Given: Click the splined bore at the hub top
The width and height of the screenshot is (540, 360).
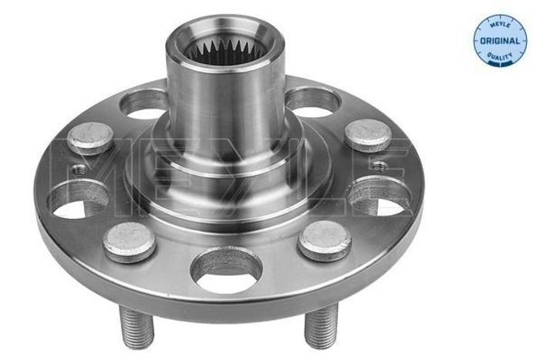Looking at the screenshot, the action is [x=225, y=52].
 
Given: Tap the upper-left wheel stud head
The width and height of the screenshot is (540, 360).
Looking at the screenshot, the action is [x=90, y=137].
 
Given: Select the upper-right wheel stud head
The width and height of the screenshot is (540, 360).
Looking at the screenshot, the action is [x=368, y=135].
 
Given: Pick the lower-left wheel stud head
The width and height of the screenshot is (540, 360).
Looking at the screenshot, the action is [x=130, y=241].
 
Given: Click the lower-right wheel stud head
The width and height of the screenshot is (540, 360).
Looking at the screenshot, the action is [x=325, y=240].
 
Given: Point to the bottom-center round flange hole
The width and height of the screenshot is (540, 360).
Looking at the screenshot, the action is [x=227, y=270].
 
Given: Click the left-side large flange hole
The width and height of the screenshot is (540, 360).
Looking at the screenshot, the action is [x=79, y=200].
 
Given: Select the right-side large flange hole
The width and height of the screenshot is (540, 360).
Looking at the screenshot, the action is [x=380, y=197].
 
